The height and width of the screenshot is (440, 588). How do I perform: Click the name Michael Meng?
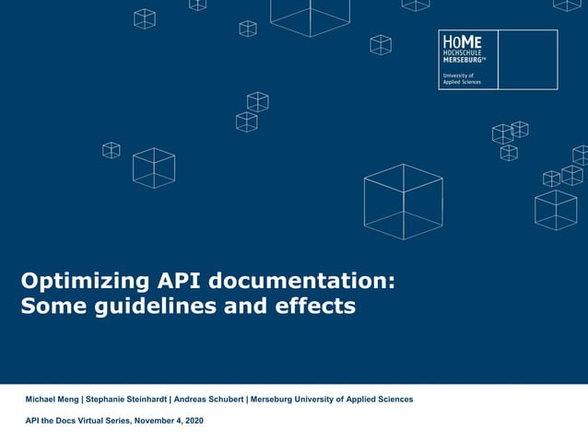(x=52, y=399)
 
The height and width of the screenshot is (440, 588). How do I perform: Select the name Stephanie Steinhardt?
(x=127, y=399)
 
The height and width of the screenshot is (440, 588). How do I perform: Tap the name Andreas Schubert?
(x=208, y=399)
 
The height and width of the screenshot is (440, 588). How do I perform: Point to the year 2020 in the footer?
(x=193, y=421)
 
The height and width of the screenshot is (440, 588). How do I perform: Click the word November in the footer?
(x=155, y=421)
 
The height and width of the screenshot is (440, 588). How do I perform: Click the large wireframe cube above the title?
(x=403, y=201)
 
